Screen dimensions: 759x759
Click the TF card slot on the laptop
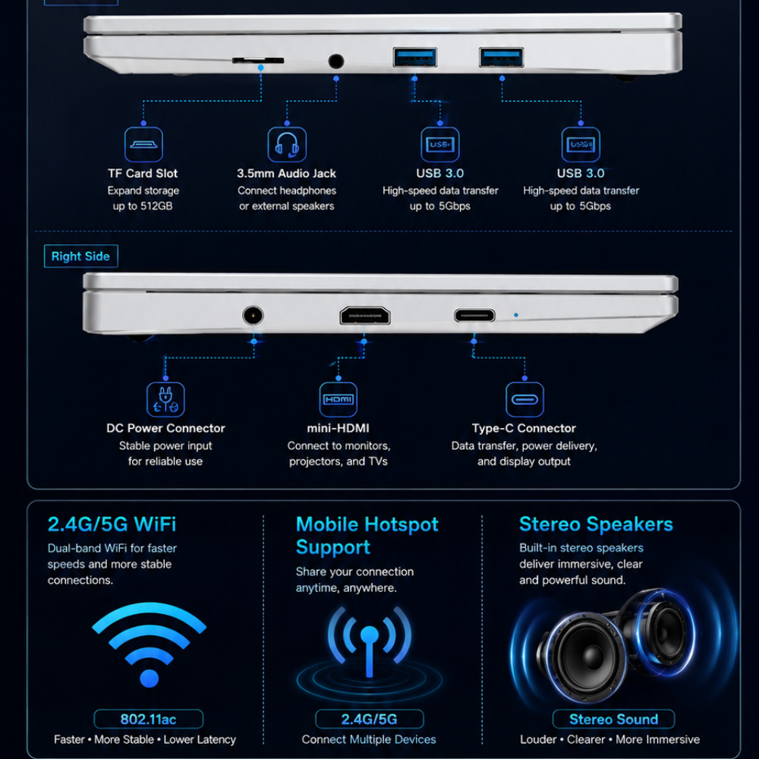point(258,61)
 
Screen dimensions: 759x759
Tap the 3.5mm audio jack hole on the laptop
point(336,61)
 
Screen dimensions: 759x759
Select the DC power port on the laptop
point(253,316)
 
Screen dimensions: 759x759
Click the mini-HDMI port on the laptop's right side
point(365,316)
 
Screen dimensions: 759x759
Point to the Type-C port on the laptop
point(474,316)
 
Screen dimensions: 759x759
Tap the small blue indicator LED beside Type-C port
point(516,315)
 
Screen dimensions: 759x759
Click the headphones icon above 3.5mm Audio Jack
point(287,144)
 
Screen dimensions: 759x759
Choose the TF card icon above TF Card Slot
point(143,144)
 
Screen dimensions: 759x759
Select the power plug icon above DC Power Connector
point(165,399)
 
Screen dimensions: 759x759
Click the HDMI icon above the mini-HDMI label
point(339,399)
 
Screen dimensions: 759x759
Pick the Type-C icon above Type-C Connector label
point(524,399)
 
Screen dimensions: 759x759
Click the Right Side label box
point(81,256)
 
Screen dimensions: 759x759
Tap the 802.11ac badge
point(149,719)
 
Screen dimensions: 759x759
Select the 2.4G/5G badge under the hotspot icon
point(370,719)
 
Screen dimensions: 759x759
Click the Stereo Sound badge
point(613,719)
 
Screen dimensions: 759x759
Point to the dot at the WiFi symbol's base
point(149,678)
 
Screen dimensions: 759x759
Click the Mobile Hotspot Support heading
point(367,535)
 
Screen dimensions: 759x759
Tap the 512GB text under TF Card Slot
point(156,206)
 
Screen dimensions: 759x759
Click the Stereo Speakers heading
point(596,524)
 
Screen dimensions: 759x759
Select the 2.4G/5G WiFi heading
point(112,524)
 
